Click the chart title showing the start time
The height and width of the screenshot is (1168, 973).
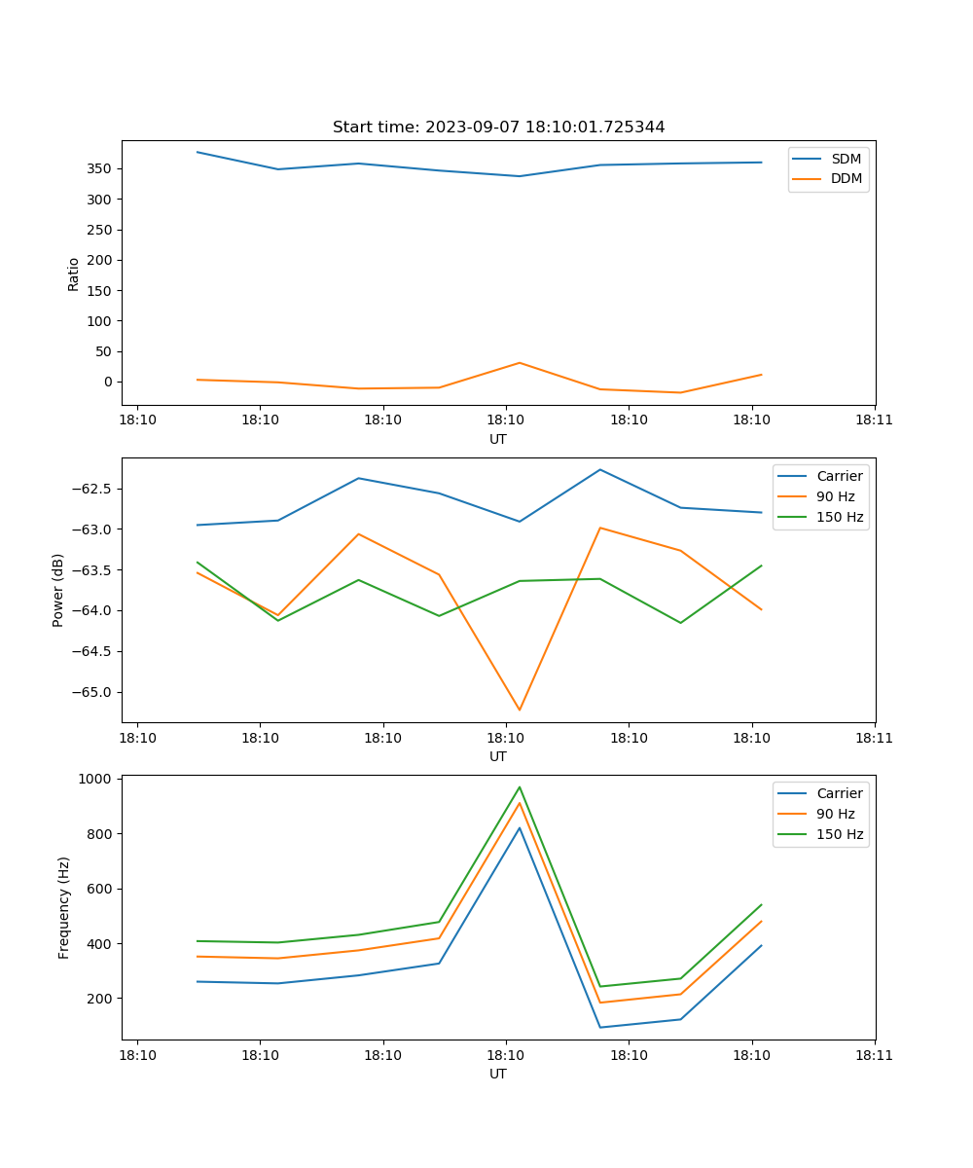[x=498, y=128]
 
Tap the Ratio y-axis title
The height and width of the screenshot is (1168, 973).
[x=73, y=274]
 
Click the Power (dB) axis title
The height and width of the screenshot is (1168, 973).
[x=58, y=590]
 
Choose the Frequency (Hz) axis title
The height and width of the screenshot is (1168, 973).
[x=64, y=907]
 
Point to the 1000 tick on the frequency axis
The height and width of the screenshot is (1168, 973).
[x=95, y=779]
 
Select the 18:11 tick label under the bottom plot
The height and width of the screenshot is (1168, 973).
[x=874, y=1054]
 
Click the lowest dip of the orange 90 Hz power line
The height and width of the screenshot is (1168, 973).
[x=520, y=710]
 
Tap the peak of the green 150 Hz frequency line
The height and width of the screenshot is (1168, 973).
[x=520, y=786]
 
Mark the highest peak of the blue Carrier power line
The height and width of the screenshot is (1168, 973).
[x=600, y=469]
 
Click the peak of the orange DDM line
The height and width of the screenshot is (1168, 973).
[x=520, y=363]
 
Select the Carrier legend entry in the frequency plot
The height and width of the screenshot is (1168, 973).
[x=840, y=793]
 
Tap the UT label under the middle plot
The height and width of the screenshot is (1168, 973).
[x=498, y=756]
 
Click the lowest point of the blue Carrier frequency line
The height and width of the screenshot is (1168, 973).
[x=600, y=1027]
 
